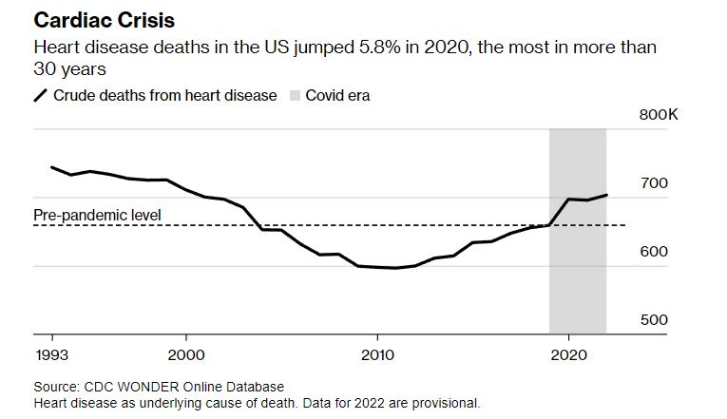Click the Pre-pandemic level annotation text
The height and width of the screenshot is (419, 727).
pyautogui.click(x=97, y=216)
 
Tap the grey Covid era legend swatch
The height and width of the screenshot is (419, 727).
pyautogui.click(x=293, y=95)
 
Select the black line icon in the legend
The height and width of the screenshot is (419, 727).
pyautogui.click(x=41, y=95)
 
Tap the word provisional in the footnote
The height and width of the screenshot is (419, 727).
pyautogui.click(x=445, y=402)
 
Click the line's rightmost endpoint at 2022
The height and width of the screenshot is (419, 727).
pyautogui.click(x=606, y=195)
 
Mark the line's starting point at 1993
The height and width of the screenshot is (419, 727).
pyautogui.click(x=51, y=167)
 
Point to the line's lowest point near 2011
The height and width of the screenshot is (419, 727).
pyautogui.click(x=395, y=268)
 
